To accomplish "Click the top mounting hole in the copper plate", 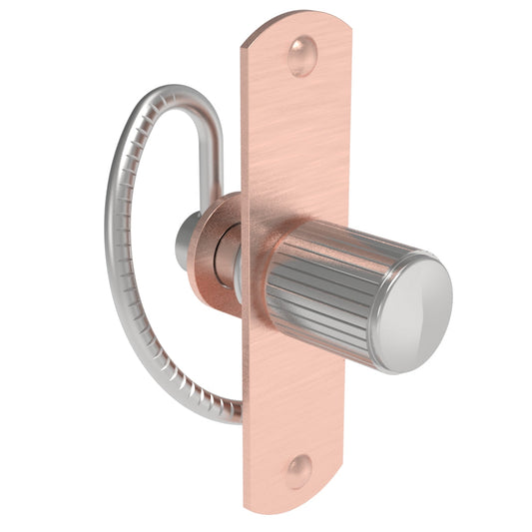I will pyautogui.click(x=302, y=56).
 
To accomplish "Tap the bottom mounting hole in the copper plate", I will pyautogui.click(x=298, y=469).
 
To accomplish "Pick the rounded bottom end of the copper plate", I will pyautogui.click(x=294, y=499).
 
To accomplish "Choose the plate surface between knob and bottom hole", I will pyautogui.click(x=294, y=399).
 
